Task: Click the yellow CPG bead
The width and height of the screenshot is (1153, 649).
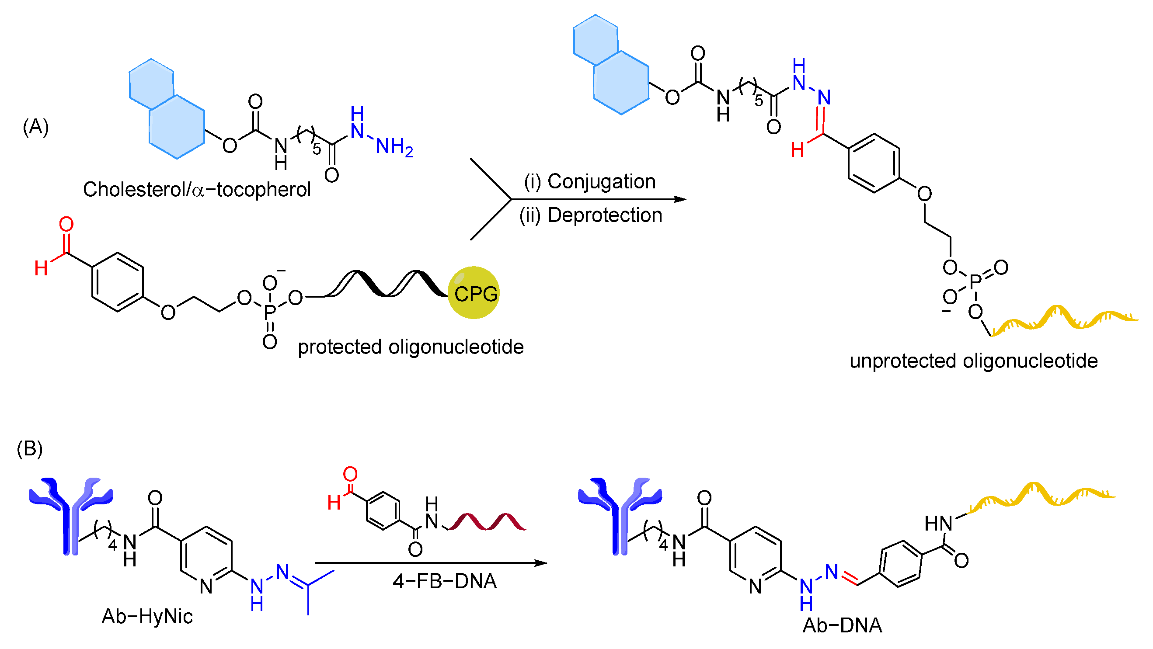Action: point(474,293)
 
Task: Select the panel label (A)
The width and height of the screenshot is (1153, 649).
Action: point(35,127)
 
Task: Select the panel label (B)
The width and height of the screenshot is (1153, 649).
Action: point(30,449)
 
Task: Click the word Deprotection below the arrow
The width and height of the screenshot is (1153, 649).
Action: point(604,215)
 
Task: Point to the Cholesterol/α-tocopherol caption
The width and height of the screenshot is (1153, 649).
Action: point(197,190)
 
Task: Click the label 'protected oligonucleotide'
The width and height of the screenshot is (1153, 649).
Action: point(411,347)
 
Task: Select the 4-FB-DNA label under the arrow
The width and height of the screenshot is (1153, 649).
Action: point(445,581)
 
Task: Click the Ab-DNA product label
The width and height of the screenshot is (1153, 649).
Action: point(842,625)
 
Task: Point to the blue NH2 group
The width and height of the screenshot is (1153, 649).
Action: point(394,147)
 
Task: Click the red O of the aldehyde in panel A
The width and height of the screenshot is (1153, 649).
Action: point(66,225)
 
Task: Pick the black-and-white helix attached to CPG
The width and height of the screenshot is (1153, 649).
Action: point(385,284)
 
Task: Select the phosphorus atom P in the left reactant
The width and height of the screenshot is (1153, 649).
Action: point(269,312)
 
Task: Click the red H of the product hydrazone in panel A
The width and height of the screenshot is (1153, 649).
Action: point(797,150)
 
